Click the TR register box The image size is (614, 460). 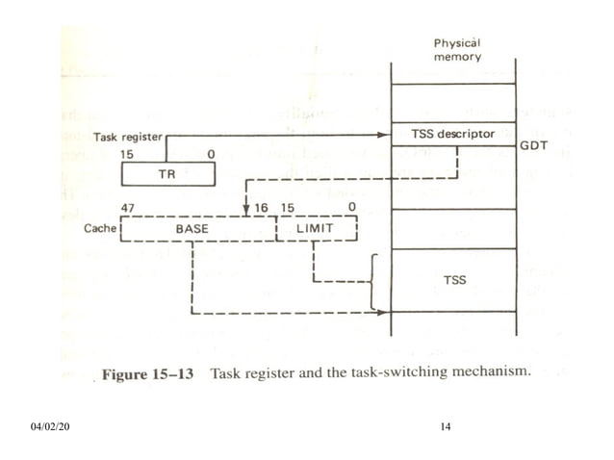[167, 174]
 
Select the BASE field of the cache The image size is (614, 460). [198, 229]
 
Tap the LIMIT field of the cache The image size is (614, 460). [317, 229]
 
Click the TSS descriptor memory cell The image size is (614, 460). [453, 134]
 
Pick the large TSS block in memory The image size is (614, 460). [453, 279]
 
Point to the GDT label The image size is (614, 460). [532, 147]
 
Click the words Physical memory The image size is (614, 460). [456, 51]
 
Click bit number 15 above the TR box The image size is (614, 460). [127, 154]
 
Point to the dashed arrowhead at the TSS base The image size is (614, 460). [387, 313]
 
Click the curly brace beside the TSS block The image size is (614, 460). [372, 281]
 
